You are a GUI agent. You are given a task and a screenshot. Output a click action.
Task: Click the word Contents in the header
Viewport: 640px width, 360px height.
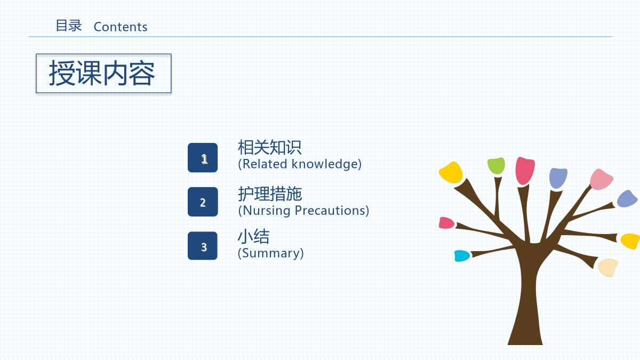(121, 27)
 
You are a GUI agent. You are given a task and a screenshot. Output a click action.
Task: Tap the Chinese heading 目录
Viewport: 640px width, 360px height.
(69, 26)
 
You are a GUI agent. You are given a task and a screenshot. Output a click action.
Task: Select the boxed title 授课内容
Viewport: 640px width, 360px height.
(103, 74)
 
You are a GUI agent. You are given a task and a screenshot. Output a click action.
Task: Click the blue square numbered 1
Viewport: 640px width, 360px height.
(203, 158)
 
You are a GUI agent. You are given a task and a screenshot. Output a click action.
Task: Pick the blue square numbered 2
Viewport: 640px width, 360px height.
(203, 202)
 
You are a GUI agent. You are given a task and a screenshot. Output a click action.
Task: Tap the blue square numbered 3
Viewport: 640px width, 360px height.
(203, 246)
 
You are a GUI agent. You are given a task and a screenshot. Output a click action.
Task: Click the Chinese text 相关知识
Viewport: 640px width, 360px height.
(270, 147)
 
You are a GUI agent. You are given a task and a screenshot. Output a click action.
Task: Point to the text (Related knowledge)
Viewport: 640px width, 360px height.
(300, 164)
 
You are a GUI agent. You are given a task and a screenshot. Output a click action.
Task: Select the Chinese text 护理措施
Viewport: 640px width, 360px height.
(270, 194)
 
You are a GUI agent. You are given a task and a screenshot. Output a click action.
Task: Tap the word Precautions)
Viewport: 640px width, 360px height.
(332, 211)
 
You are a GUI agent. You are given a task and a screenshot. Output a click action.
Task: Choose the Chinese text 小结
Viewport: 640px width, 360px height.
(254, 236)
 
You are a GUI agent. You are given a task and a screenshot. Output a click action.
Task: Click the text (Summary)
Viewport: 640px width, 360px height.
(270, 253)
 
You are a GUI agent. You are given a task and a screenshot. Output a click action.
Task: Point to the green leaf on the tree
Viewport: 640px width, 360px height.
(496, 165)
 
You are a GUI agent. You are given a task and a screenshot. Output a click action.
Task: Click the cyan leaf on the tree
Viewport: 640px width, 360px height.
(462, 255)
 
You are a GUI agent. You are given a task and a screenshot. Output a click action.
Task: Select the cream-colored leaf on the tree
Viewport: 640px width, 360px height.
(608, 268)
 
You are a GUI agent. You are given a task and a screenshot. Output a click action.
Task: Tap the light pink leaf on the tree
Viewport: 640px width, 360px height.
(601, 179)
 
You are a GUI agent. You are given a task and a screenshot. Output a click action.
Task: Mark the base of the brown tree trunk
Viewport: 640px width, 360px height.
(525, 343)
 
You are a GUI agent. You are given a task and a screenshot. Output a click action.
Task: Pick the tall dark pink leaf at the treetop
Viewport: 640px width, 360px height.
(525, 171)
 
